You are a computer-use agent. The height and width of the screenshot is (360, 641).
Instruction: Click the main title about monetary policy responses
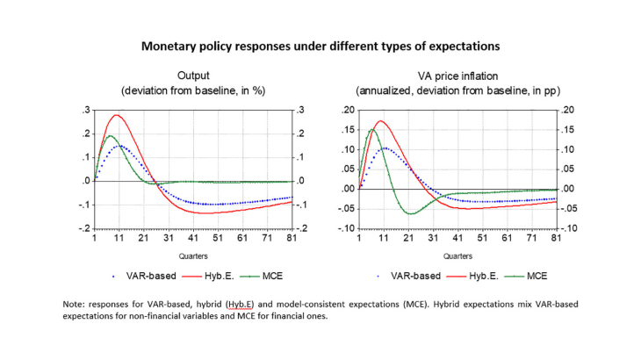320,42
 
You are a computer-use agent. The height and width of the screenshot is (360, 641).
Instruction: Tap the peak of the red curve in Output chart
117,115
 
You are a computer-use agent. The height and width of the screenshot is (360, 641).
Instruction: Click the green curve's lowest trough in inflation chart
409,213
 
